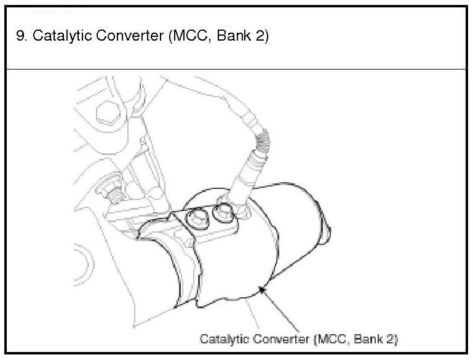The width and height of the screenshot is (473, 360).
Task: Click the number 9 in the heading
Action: pyautogui.click(x=20, y=36)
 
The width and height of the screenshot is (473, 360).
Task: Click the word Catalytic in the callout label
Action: pyautogui.click(x=222, y=339)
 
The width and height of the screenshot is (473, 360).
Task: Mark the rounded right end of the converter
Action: pyautogui.click(x=326, y=234)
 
